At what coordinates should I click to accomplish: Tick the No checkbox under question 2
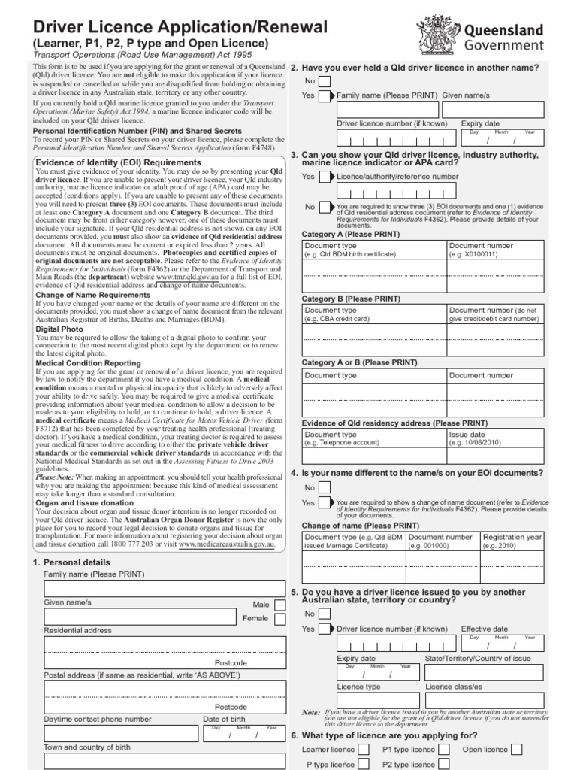[x=324, y=81]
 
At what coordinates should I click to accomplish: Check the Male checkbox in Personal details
[x=280, y=605]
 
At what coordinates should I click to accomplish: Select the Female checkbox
[x=280, y=619]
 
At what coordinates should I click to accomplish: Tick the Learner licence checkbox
[x=364, y=750]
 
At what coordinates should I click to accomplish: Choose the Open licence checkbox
[x=517, y=750]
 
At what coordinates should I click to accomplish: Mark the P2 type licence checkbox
[x=444, y=764]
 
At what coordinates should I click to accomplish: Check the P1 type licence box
[x=444, y=750]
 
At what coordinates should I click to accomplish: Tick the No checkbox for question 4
[x=324, y=488]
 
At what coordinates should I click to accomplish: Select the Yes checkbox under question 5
[x=324, y=629]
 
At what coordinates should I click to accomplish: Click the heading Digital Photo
[x=60, y=329]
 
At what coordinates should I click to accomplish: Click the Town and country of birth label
[x=87, y=747]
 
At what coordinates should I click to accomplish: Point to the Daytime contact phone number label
[x=98, y=719]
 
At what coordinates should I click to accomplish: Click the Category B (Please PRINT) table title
[x=350, y=299]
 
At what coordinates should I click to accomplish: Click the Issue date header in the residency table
[x=467, y=434]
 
